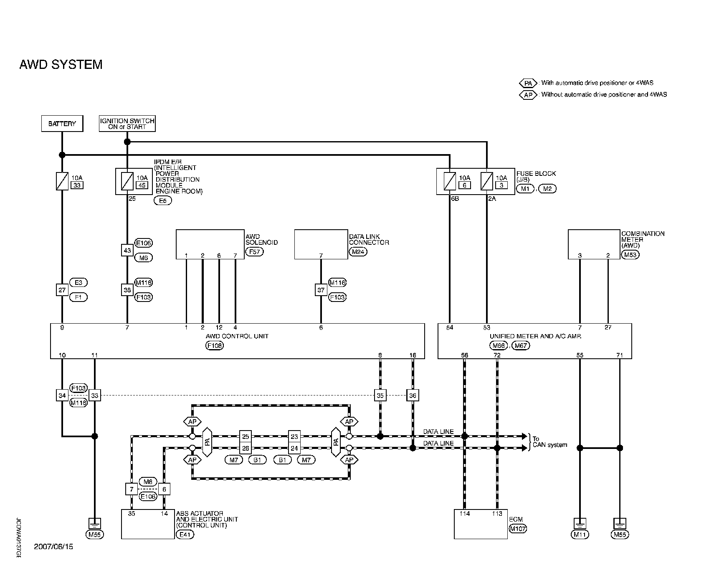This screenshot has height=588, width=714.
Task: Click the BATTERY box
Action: pyautogui.click(x=62, y=124)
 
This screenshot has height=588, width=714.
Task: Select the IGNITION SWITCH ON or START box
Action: pyautogui.click(x=127, y=124)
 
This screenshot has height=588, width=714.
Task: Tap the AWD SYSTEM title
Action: pyautogui.click(x=61, y=65)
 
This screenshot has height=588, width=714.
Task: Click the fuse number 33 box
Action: pyautogui.click(x=76, y=185)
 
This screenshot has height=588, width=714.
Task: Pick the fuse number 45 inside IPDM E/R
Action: pyautogui.click(x=142, y=185)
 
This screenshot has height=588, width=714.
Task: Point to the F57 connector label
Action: pyautogui.click(x=254, y=251)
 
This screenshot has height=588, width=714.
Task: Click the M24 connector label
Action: pyautogui.click(x=358, y=251)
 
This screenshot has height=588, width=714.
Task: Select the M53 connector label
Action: pyautogui.click(x=630, y=255)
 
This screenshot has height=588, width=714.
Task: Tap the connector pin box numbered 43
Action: pyautogui.click(x=127, y=251)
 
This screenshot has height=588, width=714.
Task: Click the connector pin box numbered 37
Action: pyautogui.click(x=321, y=290)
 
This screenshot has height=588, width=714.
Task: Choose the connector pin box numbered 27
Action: pyautogui.click(x=62, y=290)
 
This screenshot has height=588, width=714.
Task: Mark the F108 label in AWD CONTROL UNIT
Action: pyautogui.click(x=214, y=346)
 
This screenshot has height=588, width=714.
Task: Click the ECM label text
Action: pyautogui.click(x=516, y=520)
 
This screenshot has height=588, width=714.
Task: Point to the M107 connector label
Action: pyautogui.click(x=518, y=529)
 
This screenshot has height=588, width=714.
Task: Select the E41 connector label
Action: pyautogui.click(x=185, y=534)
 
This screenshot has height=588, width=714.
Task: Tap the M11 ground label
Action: pyautogui.click(x=580, y=534)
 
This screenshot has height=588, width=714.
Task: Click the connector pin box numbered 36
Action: pyautogui.click(x=413, y=395)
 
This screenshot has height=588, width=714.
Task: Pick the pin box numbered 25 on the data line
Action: pyautogui.click(x=246, y=436)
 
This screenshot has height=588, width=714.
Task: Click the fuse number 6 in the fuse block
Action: pyautogui.click(x=464, y=185)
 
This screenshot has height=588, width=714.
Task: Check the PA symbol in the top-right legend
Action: pyautogui.click(x=528, y=83)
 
